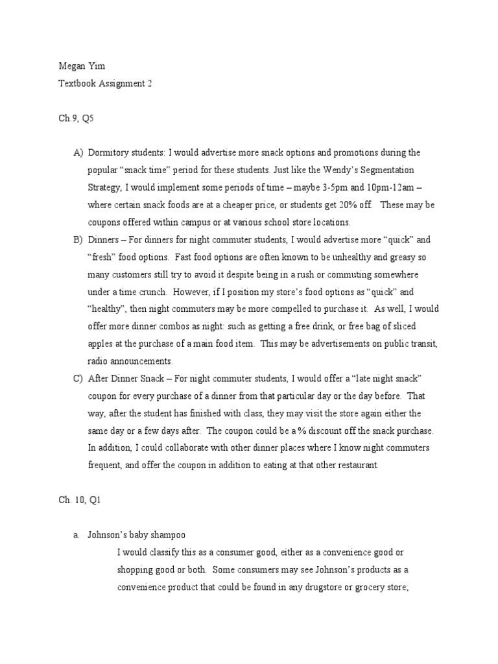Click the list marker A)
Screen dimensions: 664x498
pos(78,153)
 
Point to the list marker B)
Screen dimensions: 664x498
pos(78,239)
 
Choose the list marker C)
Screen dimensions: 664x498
pos(78,378)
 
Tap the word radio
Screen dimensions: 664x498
pos(98,361)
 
